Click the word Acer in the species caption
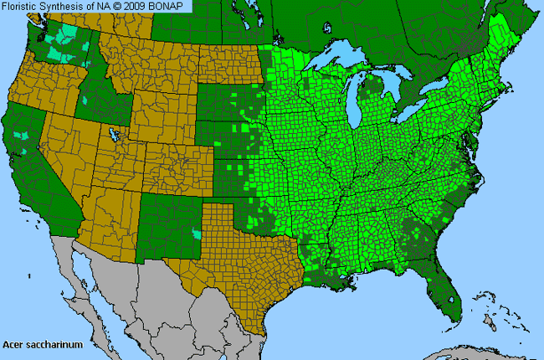pos(13,344)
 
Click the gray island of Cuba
pos(485,350)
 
